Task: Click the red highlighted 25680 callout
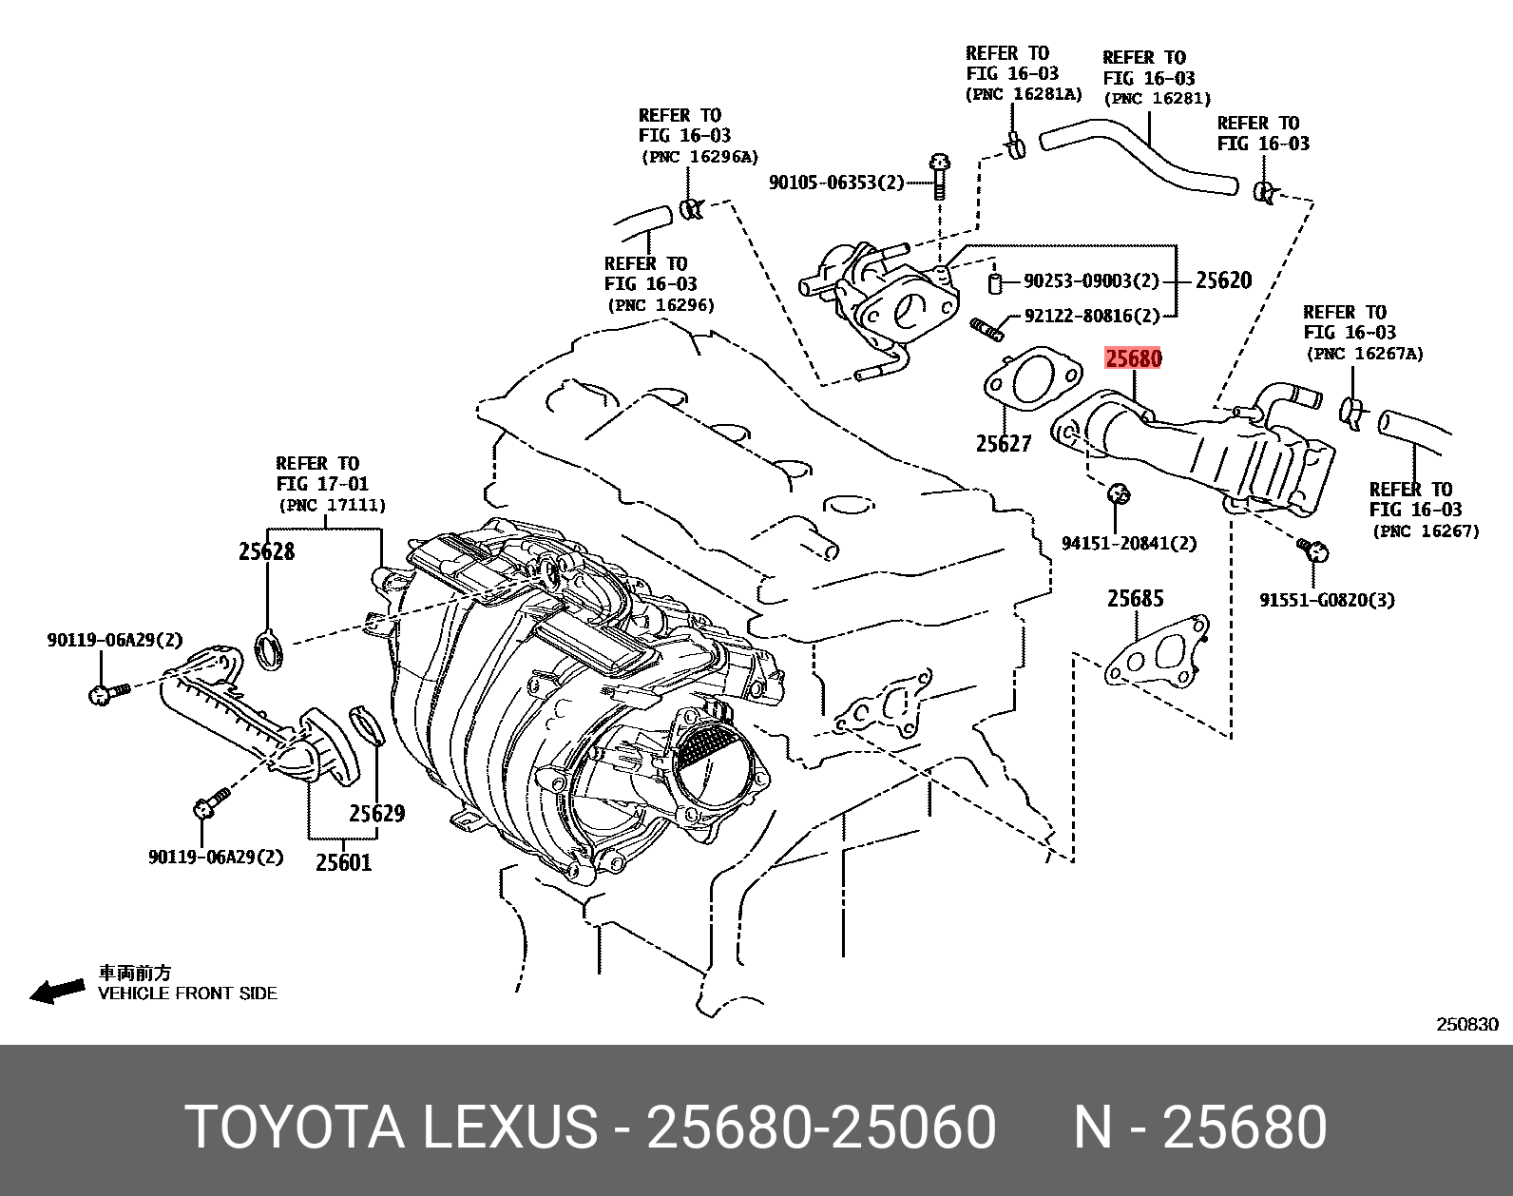click(1134, 358)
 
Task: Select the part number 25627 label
click(1004, 443)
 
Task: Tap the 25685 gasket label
click(1136, 599)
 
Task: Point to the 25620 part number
click(1224, 280)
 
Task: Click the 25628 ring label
click(266, 551)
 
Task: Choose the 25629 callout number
click(377, 813)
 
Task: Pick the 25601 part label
click(343, 861)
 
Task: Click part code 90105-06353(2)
click(836, 183)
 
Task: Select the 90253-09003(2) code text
click(1091, 280)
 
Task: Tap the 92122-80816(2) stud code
click(1092, 316)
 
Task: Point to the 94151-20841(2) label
click(1129, 543)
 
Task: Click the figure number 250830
click(1467, 1024)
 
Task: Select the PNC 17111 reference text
click(332, 505)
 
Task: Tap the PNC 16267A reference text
click(1365, 353)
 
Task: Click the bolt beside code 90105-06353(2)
click(939, 176)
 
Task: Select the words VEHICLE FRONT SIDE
click(188, 993)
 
